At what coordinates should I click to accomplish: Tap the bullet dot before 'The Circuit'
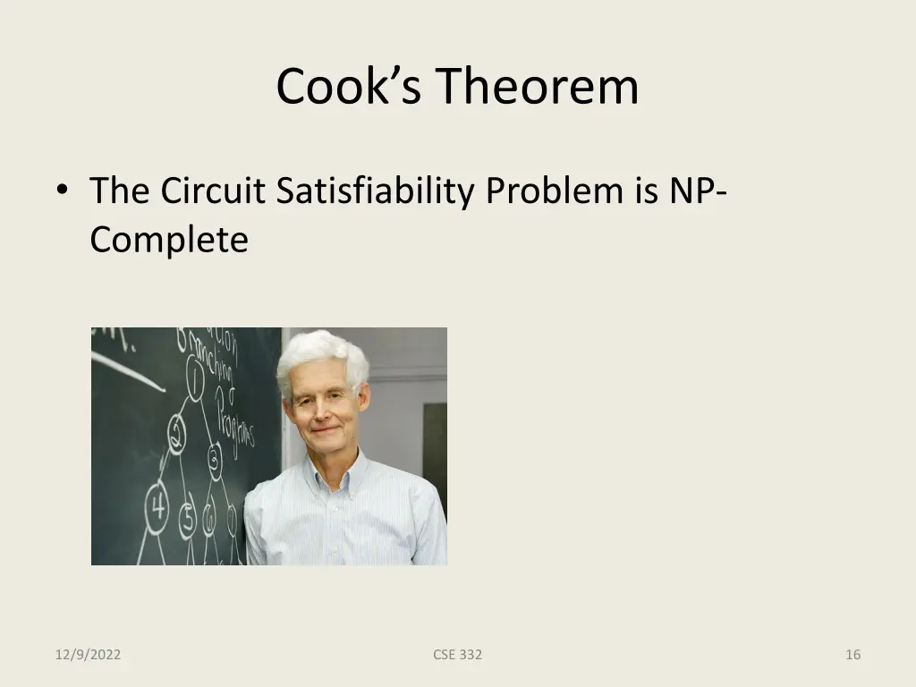(61, 191)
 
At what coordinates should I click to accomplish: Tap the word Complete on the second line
(169, 240)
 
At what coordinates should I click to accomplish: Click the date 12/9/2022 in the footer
(88, 655)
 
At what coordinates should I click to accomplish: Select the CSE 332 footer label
(457, 655)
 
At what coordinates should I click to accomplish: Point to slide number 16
(852, 655)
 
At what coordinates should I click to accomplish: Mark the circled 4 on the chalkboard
(157, 509)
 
